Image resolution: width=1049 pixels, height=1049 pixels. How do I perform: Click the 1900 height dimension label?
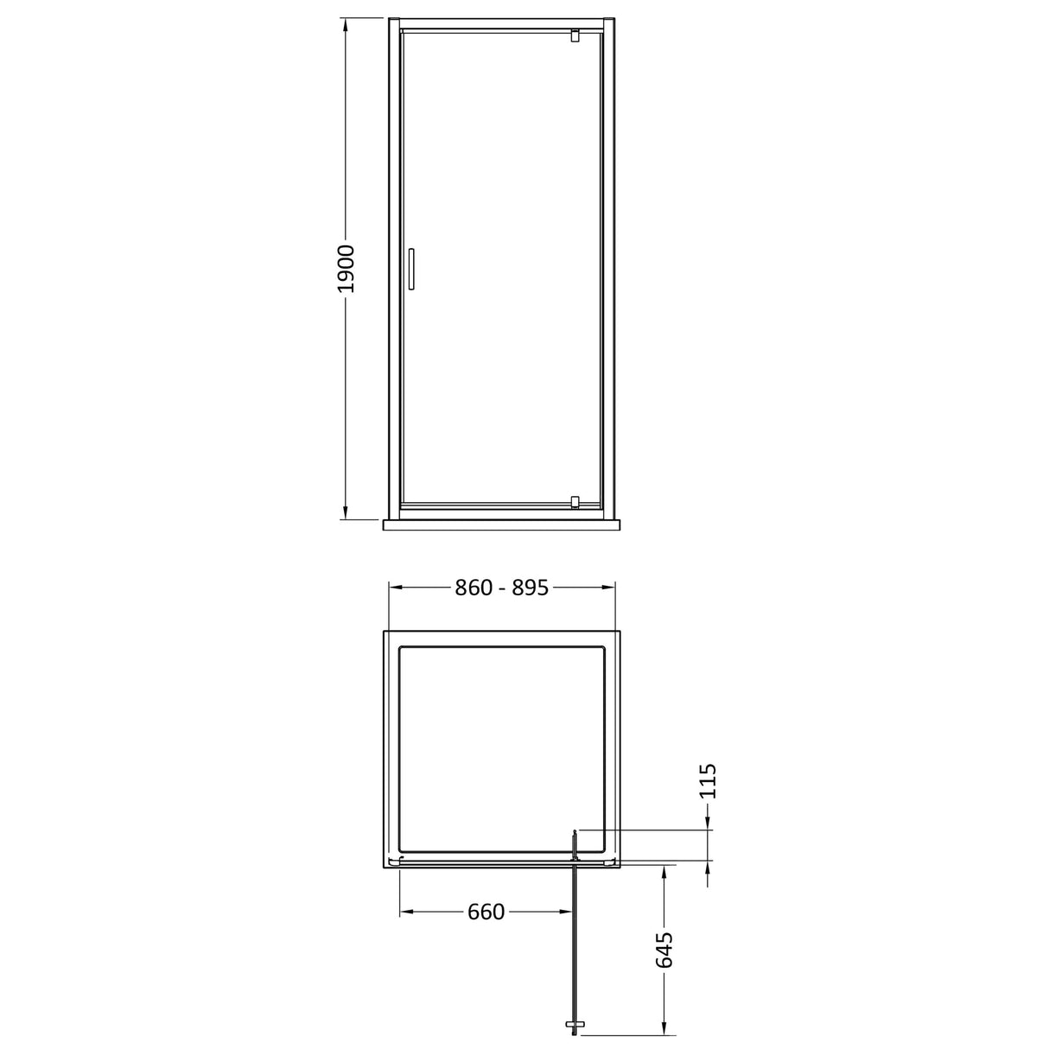point(346,270)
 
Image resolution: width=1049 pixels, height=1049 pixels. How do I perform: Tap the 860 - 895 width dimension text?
point(502,588)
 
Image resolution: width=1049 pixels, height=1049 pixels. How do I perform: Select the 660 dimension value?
point(486,912)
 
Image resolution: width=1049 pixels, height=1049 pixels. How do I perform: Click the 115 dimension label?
point(709,781)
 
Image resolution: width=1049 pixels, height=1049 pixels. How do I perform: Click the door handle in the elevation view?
point(412,270)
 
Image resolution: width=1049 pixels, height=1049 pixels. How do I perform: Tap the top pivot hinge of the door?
point(574,35)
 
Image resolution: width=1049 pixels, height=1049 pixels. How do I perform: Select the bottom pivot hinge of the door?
point(574,501)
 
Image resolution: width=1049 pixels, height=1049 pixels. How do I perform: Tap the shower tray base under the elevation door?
point(501,524)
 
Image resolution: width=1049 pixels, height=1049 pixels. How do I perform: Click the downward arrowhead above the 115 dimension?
point(709,821)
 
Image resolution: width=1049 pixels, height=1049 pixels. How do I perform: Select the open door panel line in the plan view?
point(574,942)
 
